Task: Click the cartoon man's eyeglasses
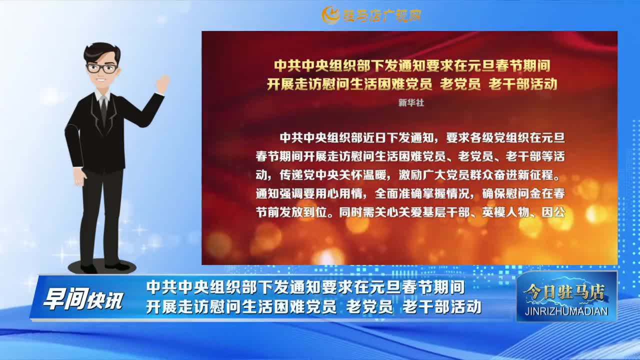102,68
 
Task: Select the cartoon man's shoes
102,267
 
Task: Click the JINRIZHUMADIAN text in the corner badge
567,311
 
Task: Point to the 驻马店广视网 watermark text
381,15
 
